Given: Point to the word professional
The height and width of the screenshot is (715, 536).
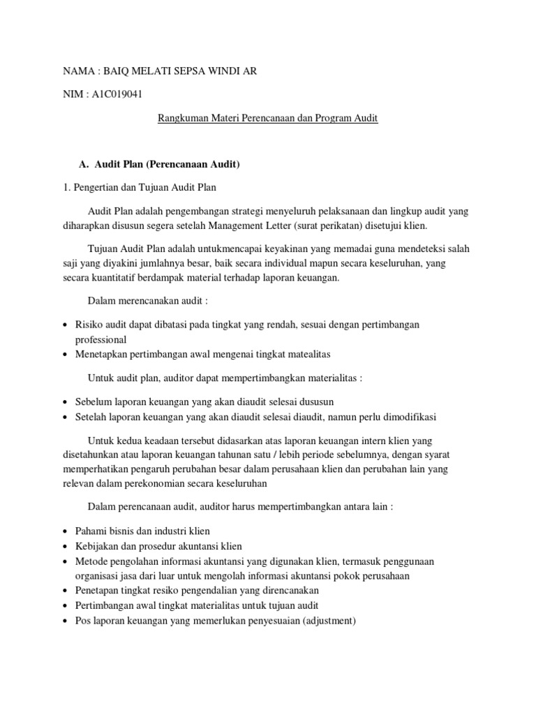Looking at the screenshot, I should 100,339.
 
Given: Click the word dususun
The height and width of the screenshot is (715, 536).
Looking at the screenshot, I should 316,401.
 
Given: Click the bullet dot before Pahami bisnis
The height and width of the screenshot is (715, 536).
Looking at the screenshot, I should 65,531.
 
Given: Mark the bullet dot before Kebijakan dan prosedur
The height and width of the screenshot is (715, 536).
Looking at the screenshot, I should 65,546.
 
